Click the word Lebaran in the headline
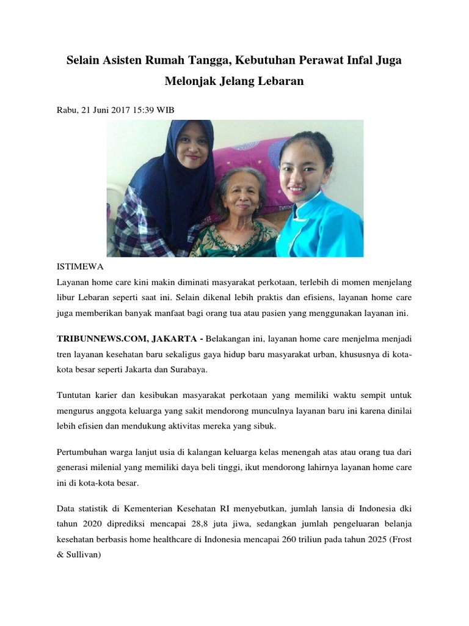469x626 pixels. point(279,81)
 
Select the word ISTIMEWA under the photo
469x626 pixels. point(80,267)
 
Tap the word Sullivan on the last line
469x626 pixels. point(84,554)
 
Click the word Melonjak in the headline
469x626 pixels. point(192,81)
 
